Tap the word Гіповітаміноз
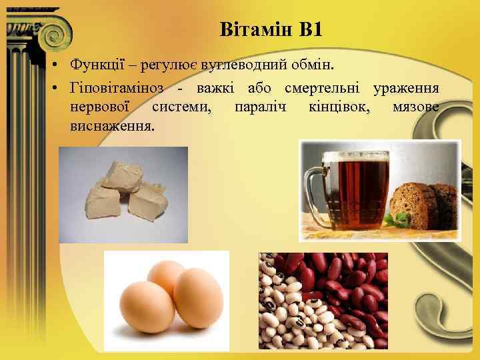[x=114, y=89]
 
